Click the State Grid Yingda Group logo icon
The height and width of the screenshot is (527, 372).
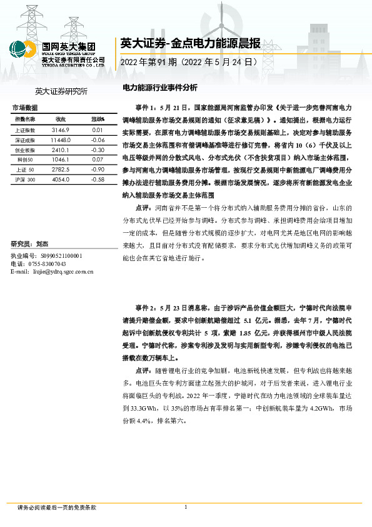(23, 49)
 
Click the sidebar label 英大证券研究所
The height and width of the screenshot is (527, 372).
(61, 91)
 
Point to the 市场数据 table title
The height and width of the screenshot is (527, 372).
(26, 108)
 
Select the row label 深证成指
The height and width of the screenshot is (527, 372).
(24, 140)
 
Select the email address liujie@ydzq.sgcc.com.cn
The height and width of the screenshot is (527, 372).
(63, 272)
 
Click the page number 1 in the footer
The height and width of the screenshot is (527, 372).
(186, 507)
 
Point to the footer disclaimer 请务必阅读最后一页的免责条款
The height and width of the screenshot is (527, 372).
(57, 508)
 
